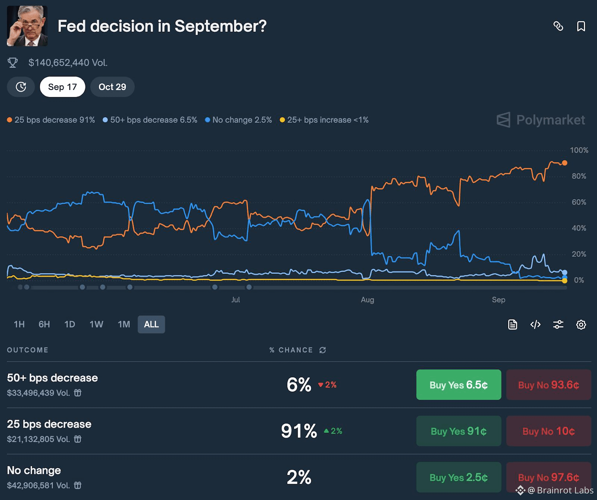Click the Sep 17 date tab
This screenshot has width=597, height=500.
coord(62,87)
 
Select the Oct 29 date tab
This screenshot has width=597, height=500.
coord(112,87)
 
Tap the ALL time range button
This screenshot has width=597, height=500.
coord(151,324)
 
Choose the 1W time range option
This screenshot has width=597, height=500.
coord(96,324)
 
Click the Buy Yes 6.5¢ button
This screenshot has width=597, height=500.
coord(459,385)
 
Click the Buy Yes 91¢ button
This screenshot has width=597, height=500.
coord(459,431)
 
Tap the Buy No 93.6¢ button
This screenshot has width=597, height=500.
coord(548,385)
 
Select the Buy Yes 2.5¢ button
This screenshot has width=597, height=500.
coord(459,477)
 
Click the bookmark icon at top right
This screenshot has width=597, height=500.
coord(581,26)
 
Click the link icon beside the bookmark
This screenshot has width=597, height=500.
coord(558,26)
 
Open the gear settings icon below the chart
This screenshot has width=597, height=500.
coord(581,325)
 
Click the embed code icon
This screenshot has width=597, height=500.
coord(535,325)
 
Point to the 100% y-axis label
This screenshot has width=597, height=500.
coord(579,150)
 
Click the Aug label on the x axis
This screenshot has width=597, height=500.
coord(368,300)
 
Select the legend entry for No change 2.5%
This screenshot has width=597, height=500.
coord(238,120)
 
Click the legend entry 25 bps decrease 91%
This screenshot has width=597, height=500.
coord(51,120)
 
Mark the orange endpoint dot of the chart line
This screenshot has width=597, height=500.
coord(565,163)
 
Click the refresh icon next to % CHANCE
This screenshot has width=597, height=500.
coord(323,350)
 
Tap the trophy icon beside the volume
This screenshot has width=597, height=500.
coord(13,63)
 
